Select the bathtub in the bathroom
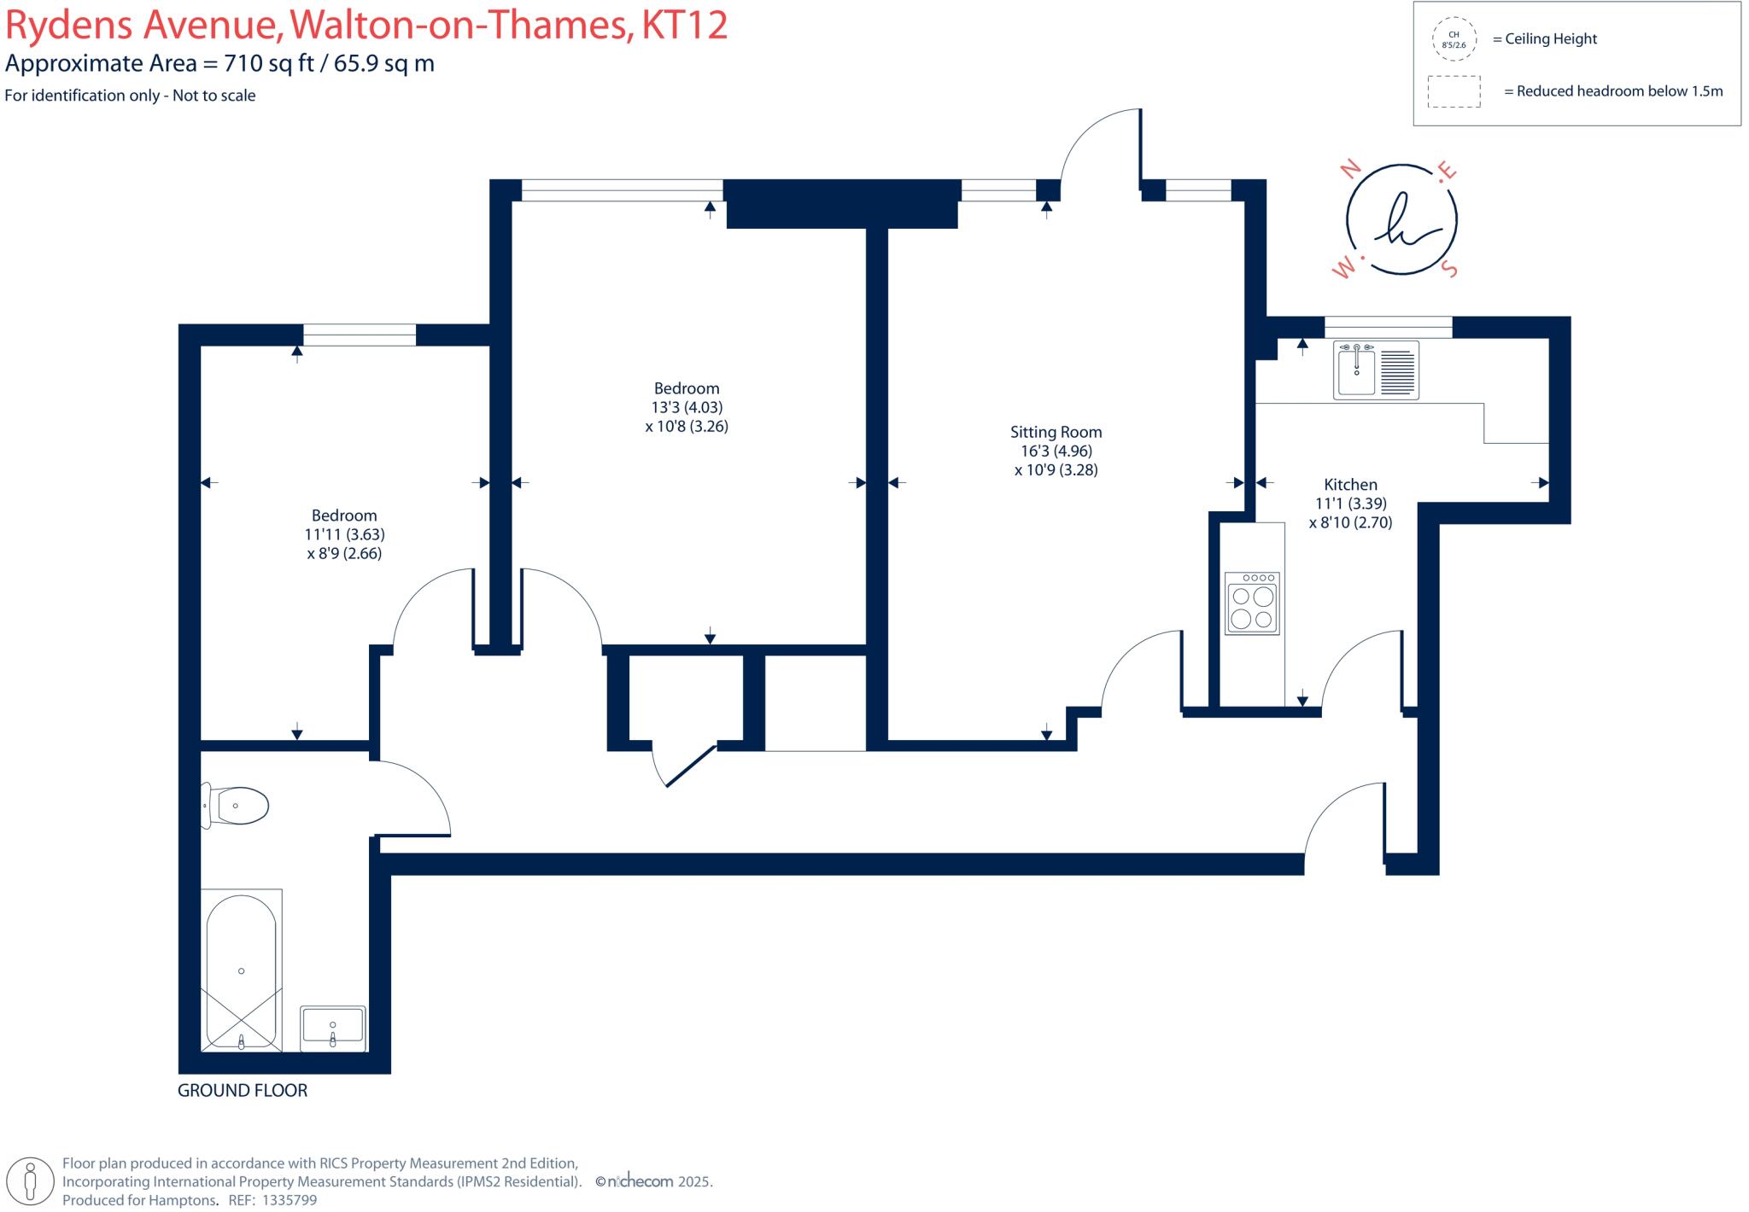coord(242,971)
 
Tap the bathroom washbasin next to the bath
coord(332,1028)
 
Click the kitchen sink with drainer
coord(1376,370)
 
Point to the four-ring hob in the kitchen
coord(1252,603)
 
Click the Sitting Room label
coord(1056,432)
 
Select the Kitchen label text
coord(1350,484)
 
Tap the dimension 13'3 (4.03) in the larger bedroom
coord(687,407)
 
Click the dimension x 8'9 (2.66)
coord(344,553)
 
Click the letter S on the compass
coord(1448,270)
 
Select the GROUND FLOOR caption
coord(243,1090)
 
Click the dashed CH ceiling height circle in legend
coord(1454,39)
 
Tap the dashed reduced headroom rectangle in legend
coord(1454,91)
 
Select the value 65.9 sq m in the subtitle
coord(383,64)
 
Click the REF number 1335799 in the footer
coord(289,1200)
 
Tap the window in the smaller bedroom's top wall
coord(360,335)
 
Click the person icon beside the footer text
coord(32,1182)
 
